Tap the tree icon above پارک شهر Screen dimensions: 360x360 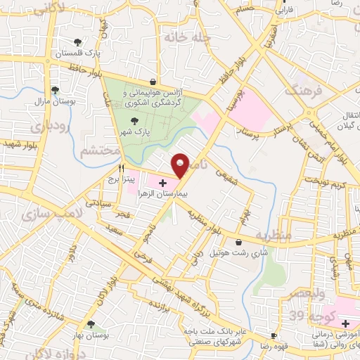click(x=134, y=120)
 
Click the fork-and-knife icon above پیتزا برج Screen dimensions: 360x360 click(x=122, y=168)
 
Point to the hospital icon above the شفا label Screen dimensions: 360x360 click(x=345, y=323)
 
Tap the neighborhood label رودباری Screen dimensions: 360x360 click(x=49, y=127)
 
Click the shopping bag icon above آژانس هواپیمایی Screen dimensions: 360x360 click(x=153, y=82)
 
